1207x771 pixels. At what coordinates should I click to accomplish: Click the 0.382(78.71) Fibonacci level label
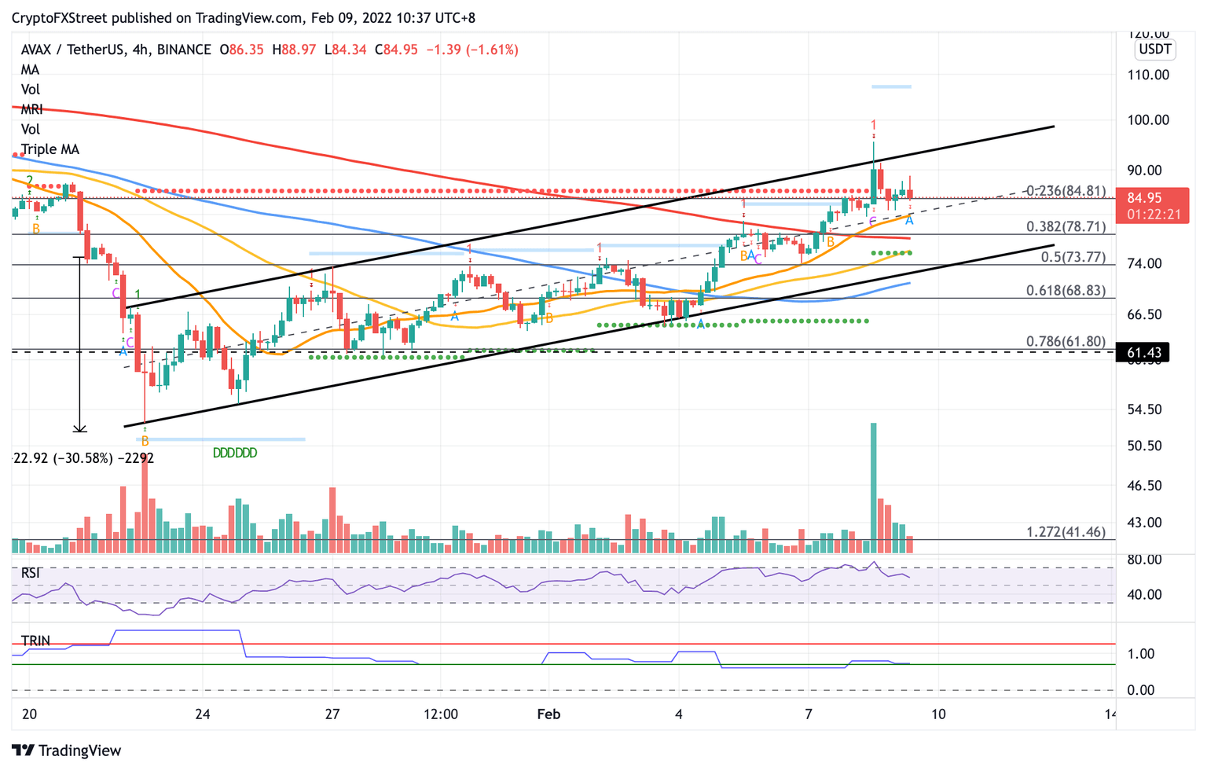tap(1066, 226)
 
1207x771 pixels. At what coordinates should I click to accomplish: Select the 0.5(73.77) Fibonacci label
tap(1073, 257)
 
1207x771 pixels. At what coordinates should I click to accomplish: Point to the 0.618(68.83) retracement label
tap(1066, 291)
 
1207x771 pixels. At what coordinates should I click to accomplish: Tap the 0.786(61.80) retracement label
tap(1066, 341)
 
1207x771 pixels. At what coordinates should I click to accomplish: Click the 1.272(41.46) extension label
tap(1066, 532)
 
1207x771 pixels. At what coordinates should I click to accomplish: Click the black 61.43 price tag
tap(1145, 353)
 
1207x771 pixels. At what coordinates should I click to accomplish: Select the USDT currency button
tap(1155, 50)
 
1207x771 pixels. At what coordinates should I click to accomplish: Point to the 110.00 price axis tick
tap(1148, 75)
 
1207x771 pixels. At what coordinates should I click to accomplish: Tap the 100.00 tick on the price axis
tap(1148, 120)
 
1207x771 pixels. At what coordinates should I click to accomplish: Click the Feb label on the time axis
tap(548, 714)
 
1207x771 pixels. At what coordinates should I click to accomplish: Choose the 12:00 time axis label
tap(440, 714)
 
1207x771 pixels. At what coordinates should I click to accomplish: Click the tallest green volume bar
tap(873, 487)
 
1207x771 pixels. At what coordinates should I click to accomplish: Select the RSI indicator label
tap(31, 573)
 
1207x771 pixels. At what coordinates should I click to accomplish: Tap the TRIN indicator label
tap(35, 641)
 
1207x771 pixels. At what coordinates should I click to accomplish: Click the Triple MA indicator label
tap(50, 149)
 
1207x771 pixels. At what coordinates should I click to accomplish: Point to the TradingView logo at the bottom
tap(67, 751)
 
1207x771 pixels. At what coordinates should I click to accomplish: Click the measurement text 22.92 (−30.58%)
tap(83, 458)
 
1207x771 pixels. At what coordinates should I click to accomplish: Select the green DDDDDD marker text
tap(235, 453)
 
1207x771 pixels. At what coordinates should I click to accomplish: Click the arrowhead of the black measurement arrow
tap(79, 428)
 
